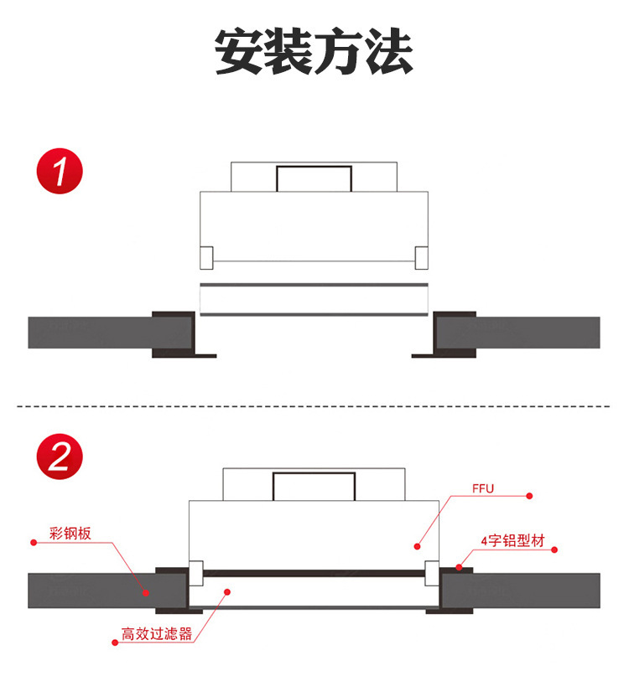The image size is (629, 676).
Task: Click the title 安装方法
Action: [314, 52]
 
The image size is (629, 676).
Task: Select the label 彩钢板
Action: [70, 533]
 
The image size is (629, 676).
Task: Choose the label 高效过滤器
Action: [157, 634]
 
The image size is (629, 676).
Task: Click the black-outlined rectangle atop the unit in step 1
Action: [314, 178]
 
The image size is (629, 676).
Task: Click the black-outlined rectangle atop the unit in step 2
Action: [314, 487]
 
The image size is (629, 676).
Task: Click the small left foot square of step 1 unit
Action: [206, 257]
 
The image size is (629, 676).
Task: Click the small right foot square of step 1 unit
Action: [421, 257]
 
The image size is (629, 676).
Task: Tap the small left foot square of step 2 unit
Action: [195, 572]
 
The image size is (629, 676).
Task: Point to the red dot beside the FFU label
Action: [529, 496]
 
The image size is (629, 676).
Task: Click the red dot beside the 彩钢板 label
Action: [34, 542]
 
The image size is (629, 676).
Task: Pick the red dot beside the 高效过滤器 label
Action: [114, 643]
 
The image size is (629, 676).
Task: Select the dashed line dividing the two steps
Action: [314, 406]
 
